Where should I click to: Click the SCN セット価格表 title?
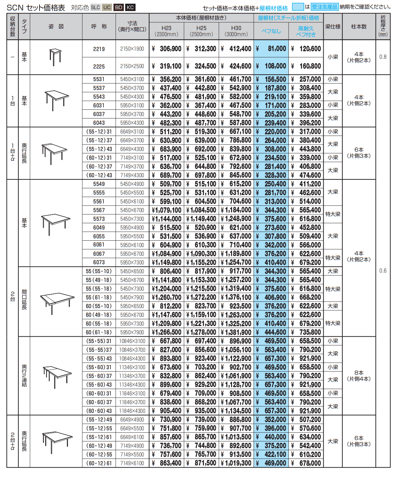click(36, 7)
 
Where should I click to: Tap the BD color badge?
click(118, 7)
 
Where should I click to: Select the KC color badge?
click(130, 7)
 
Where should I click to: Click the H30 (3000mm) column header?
click(236, 31)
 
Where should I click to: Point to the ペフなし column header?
click(271, 31)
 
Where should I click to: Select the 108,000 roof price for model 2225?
click(271, 66)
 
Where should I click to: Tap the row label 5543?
click(99, 97)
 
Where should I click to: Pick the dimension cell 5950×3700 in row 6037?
click(132, 114)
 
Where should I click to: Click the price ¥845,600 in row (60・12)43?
click(236, 175)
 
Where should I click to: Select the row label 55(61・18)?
click(99, 298)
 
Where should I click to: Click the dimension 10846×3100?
click(132, 341)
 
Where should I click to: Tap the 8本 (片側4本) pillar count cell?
click(359, 376)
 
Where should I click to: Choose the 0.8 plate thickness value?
click(383, 57)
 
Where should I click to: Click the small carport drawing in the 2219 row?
click(56, 57)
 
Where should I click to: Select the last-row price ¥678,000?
click(306, 463)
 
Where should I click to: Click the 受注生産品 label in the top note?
click(325, 7)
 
